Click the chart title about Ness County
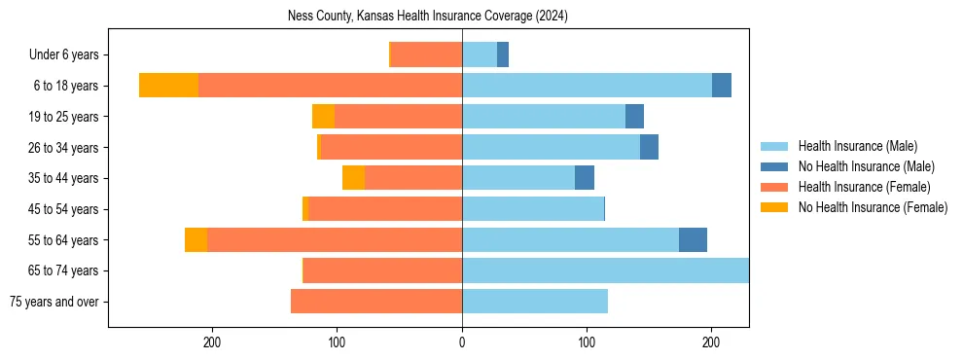click(x=428, y=17)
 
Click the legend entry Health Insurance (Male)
click(x=857, y=146)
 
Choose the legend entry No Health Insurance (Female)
click(x=873, y=207)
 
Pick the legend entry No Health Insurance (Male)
click(x=866, y=166)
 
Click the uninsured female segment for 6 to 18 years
click(x=168, y=86)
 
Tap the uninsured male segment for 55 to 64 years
click(x=693, y=239)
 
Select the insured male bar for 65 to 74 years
click(x=605, y=270)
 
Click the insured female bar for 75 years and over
click(x=376, y=302)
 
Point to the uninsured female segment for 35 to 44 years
click(x=353, y=178)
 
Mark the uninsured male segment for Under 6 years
click(x=503, y=55)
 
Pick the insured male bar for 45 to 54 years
click(x=533, y=209)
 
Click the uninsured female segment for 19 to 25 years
click(x=323, y=117)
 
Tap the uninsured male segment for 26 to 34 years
click(x=649, y=147)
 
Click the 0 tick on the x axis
click(x=462, y=342)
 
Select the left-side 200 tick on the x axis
click(x=212, y=342)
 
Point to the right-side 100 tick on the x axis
click(x=587, y=342)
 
